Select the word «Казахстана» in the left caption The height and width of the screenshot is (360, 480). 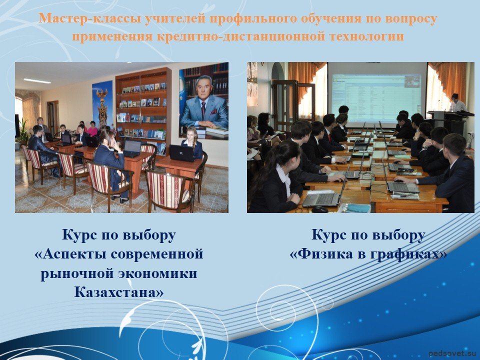119,292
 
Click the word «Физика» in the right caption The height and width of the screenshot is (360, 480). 323,254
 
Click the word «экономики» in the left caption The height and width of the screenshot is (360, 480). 157,273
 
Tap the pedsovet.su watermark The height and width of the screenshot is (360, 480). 452,353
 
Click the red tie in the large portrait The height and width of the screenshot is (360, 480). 203,110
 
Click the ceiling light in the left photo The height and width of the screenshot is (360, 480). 37,81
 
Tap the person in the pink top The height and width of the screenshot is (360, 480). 92,129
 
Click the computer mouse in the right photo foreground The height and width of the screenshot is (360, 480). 319,209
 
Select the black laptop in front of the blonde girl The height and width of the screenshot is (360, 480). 182,153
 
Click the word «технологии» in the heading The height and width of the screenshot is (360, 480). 366,36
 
